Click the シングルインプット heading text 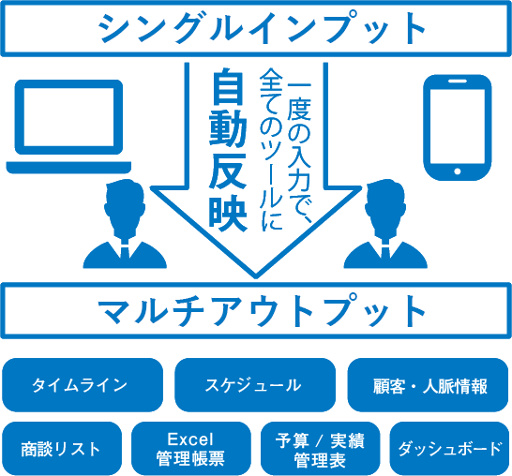[x=263, y=27]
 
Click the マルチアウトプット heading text [x=263, y=310]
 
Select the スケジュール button [x=255, y=385]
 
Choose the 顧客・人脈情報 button [x=428, y=385]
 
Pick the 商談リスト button [x=62, y=449]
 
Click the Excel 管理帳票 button [x=191, y=449]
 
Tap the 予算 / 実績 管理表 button [x=321, y=449]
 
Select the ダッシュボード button [x=449, y=449]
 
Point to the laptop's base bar [x=68, y=167]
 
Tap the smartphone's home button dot [x=458, y=171]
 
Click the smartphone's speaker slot [x=458, y=82]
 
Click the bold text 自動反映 [x=228, y=149]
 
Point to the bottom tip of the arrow [x=256, y=278]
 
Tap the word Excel [x=190, y=439]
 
